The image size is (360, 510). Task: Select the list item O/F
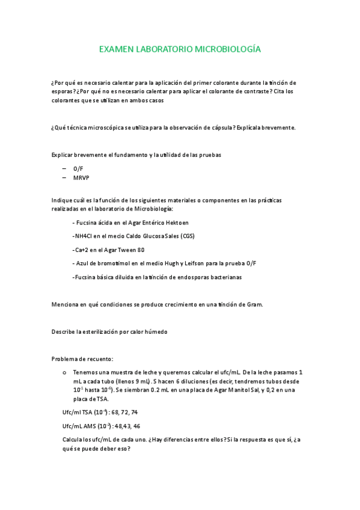[78, 170]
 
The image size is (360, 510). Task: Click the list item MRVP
[81, 179]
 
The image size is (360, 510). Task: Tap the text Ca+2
[80, 250]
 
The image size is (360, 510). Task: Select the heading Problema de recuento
[82, 359]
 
